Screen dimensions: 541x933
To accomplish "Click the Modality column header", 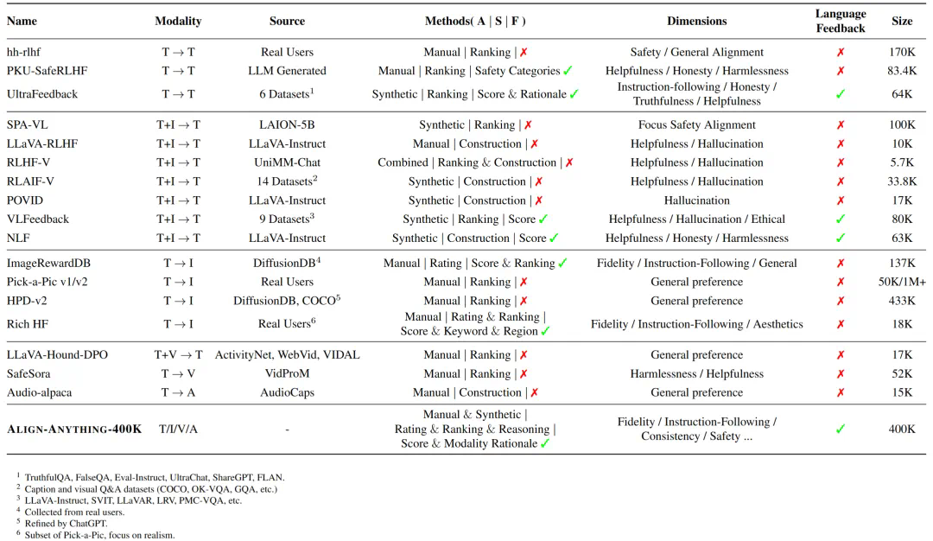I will tap(178, 21).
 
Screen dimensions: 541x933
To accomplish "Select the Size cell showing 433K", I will tap(901, 301).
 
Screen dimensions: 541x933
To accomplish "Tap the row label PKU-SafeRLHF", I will tap(41, 71).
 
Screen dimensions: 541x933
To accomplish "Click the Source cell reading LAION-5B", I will tap(287, 125).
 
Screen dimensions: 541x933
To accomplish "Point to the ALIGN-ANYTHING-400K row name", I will tap(74, 429).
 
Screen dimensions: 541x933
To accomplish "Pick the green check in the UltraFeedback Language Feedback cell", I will tap(840, 93).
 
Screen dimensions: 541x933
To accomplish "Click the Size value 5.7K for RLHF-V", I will tap(901, 162).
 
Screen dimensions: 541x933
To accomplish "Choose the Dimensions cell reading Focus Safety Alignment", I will tap(696, 125).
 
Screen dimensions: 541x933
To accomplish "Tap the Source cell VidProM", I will tap(287, 373).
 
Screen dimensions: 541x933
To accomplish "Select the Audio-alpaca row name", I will tap(40, 392).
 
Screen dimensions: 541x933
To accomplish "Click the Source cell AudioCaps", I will tap(287, 392).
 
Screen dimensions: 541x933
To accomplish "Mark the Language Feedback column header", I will tap(840, 21).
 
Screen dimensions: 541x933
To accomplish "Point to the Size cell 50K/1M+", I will tap(901, 282).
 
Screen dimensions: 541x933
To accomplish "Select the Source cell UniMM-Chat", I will tap(287, 162).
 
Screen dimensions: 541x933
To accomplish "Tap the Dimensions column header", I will tap(696, 21).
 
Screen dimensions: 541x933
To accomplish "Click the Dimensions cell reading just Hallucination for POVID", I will tap(696, 200).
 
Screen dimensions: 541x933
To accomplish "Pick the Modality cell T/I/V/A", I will tap(178, 429).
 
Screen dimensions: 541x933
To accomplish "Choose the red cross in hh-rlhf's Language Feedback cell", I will tap(840, 52).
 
